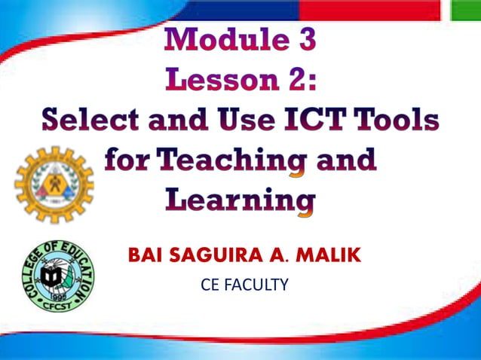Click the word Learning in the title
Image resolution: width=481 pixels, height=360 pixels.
(x=240, y=200)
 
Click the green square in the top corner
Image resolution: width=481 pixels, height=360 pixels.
(x=465, y=9)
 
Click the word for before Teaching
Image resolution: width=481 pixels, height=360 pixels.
(x=129, y=160)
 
